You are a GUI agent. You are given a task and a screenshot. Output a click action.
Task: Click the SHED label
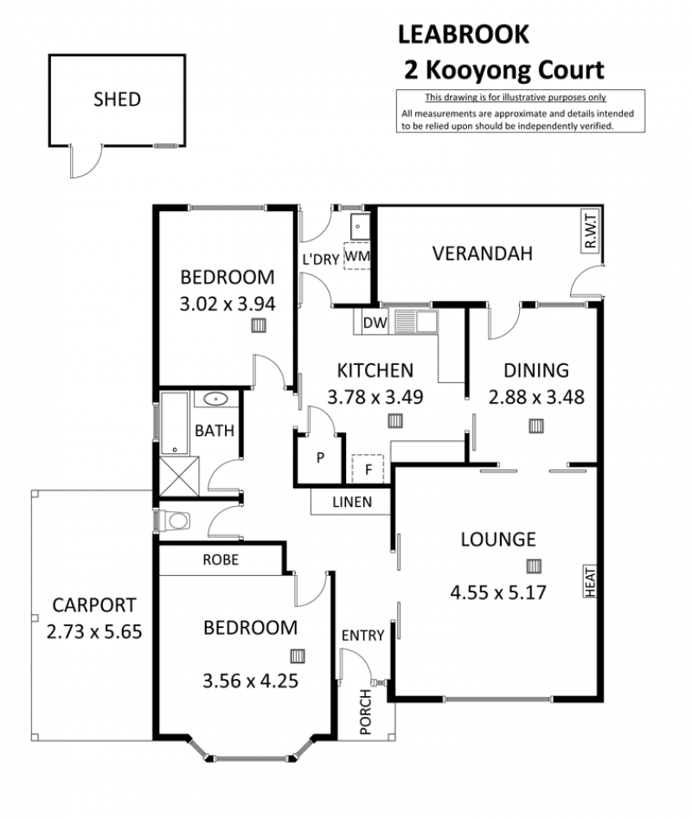[117, 99]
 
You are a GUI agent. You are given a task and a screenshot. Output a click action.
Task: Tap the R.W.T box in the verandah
[590, 232]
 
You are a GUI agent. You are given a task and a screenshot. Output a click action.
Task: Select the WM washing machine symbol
[357, 256]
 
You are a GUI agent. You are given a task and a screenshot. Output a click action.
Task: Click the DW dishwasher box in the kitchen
[375, 323]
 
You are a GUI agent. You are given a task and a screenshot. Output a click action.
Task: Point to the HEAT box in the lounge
[590, 581]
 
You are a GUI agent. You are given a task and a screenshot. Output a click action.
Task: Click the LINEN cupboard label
[352, 502]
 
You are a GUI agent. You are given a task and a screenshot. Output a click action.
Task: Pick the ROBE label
[221, 560]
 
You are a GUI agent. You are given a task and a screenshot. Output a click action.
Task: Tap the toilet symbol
[175, 521]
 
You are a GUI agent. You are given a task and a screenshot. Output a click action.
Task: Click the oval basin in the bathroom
[215, 400]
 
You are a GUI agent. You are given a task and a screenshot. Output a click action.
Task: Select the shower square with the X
[179, 477]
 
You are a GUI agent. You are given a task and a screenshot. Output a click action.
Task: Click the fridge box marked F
[368, 469]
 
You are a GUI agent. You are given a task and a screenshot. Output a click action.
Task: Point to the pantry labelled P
[320, 458]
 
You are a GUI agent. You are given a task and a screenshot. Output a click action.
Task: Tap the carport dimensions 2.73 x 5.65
[94, 632]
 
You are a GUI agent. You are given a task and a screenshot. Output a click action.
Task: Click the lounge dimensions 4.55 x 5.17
[498, 592]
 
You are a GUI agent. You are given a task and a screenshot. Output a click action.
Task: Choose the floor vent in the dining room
[535, 426]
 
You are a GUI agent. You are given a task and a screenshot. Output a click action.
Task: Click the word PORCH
[366, 712]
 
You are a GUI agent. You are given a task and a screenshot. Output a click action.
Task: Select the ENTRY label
[363, 635]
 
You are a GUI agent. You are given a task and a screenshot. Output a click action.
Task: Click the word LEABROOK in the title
[464, 35]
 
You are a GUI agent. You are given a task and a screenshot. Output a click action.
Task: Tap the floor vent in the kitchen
[395, 421]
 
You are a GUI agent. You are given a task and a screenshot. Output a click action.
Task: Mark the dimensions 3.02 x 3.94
[227, 304]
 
